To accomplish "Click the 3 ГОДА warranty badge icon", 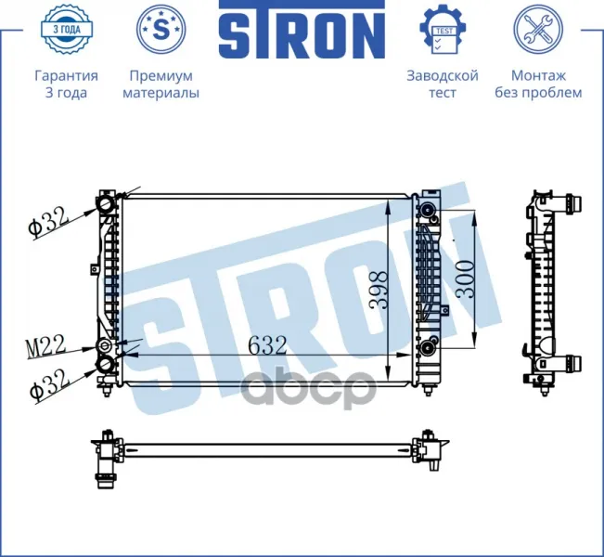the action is pyautogui.click(x=67, y=29).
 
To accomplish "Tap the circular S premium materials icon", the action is pyautogui.click(x=161, y=29).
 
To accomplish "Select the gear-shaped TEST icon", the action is pyautogui.click(x=443, y=29).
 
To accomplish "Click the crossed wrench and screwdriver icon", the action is pyautogui.click(x=538, y=29).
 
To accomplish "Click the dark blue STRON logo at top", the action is pyautogui.click(x=302, y=30).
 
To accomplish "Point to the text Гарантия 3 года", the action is pyautogui.click(x=66, y=84).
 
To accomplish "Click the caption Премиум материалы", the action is pyautogui.click(x=161, y=84).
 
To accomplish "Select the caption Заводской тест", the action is pyautogui.click(x=443, y=84).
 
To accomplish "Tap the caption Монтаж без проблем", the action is pyautogui.click(x=538, y=84).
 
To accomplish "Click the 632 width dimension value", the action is pyautogui.click(x=267, y=345).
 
